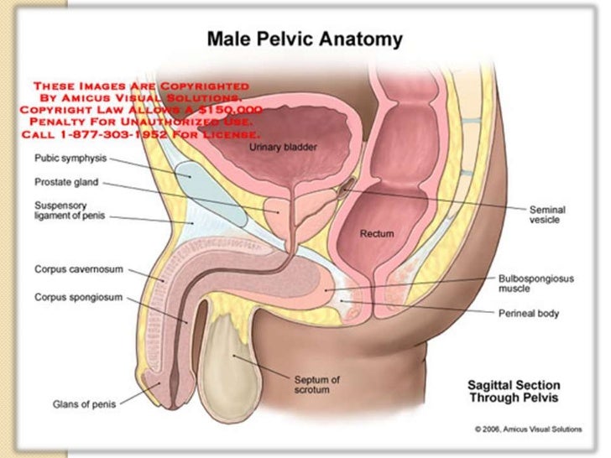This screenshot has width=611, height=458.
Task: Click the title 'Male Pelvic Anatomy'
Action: pos(305,39)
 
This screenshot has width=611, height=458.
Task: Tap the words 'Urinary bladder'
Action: pos(278,148)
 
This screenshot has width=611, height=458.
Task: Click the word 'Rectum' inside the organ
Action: pos(377,234)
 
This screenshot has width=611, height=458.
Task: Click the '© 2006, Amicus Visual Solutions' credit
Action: pos(527,429)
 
